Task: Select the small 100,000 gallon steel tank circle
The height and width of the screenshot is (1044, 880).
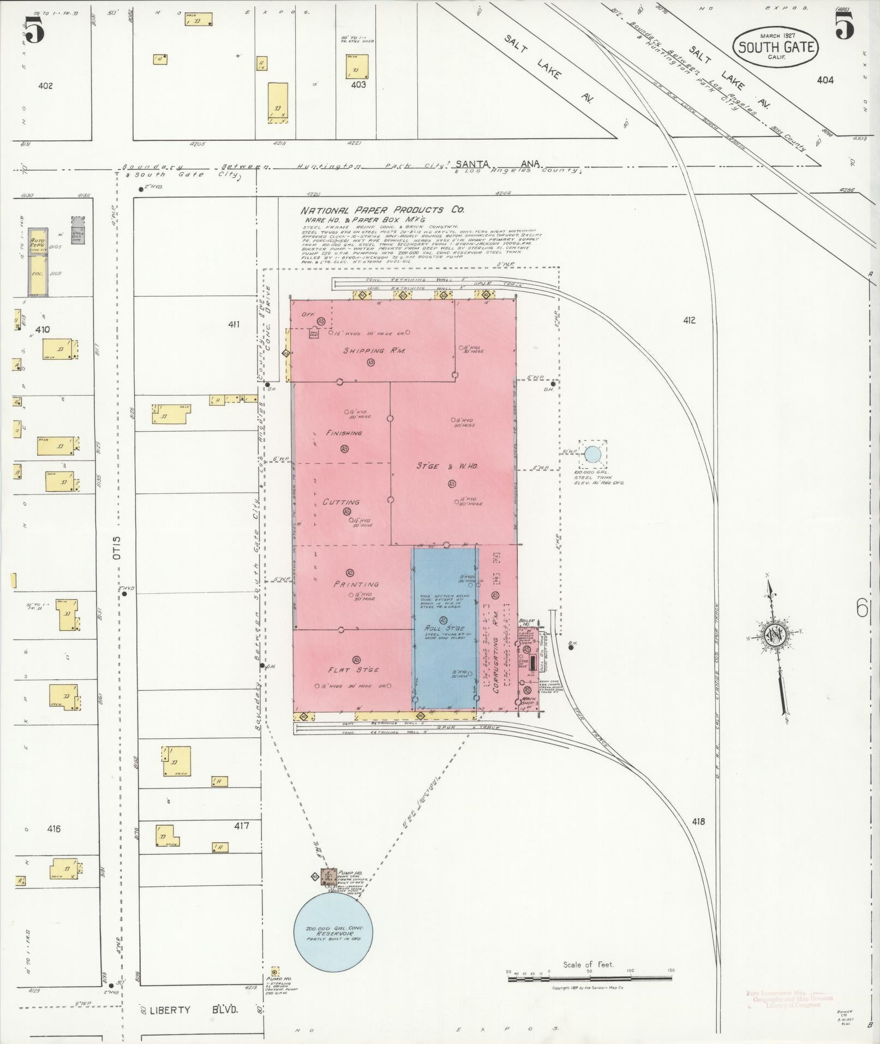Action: click(592, 454)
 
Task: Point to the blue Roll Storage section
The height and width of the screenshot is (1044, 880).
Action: click(445, 628)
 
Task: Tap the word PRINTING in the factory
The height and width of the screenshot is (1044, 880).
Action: click(356, 584)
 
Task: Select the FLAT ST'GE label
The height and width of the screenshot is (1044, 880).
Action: click(353, 670)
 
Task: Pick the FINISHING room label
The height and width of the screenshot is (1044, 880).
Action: click(344, 433)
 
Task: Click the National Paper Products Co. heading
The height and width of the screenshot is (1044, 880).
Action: click(382, 210)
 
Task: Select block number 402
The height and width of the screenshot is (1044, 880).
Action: click(46, 86)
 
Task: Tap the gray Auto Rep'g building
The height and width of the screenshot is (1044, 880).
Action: click(38, 241)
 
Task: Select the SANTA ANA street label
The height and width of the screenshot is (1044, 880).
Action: click(496, 164)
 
